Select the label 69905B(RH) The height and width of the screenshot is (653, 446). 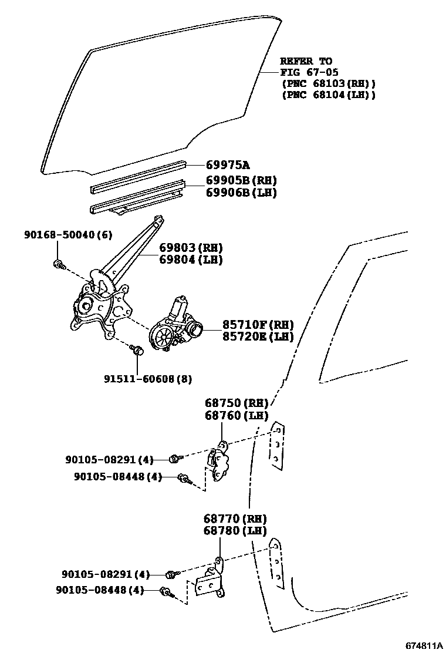241,180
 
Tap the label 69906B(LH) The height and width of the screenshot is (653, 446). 241,192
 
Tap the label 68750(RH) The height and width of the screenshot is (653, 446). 236,403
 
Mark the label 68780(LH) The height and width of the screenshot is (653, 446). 235,531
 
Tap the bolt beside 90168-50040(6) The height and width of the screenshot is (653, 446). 59,264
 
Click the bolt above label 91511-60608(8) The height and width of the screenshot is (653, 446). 138,351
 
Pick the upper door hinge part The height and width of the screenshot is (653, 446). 218,463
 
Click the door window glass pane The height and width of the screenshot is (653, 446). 158,94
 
